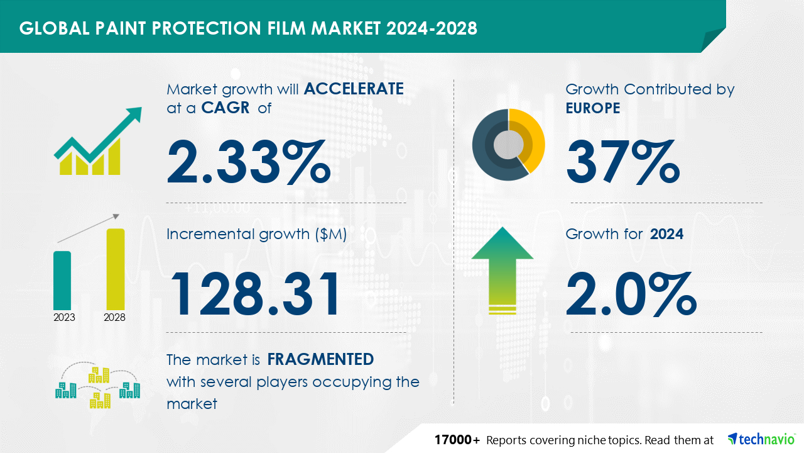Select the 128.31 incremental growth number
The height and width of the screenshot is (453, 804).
click(254, 294)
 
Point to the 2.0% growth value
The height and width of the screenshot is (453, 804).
click(631, 294)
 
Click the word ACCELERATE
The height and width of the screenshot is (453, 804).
click(354, 89)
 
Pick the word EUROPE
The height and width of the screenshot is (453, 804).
click(592, 108)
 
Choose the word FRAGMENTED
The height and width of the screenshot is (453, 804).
click(320, 359)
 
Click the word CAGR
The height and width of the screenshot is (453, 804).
click(225, 108)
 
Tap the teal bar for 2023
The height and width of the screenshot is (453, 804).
click(62, 281)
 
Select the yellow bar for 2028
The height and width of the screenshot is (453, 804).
click(116, 269)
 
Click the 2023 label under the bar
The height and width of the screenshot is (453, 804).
click(64, 317)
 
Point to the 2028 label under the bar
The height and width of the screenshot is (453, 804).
click(114, 317)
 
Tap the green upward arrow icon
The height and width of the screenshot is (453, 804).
click(503, 270)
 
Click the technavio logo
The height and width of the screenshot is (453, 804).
click(761, 439)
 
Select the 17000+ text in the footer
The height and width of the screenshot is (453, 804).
click(457, 440)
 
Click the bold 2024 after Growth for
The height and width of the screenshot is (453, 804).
click(666, 234)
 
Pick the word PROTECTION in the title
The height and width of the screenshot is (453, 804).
click(207, 28)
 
